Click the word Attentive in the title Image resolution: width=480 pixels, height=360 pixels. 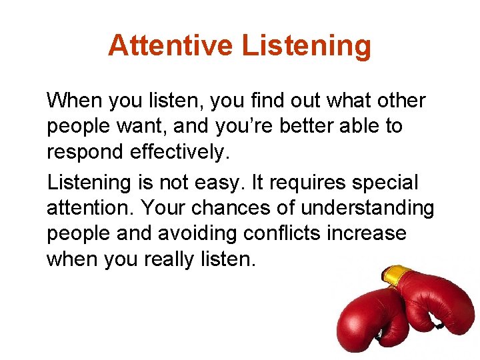(x=170, y=45)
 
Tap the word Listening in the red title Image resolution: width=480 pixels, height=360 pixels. (x=307, y=45)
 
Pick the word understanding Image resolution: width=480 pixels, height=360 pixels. (x=367, y=208)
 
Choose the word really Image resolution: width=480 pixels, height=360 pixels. (x=170, y=259)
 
